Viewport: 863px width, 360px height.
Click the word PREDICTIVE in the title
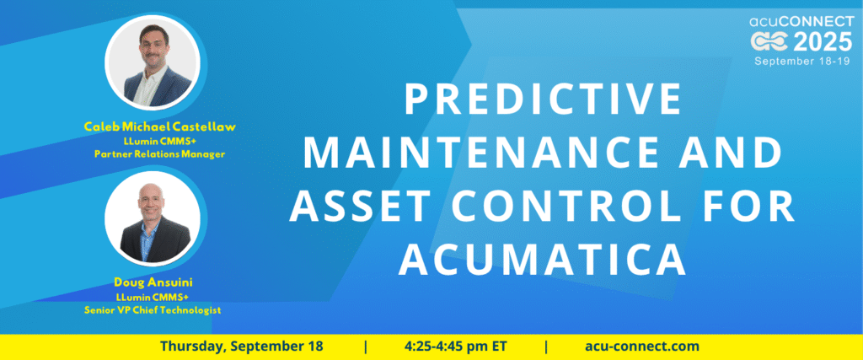(543, 99)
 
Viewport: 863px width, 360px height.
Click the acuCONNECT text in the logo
(801, 21)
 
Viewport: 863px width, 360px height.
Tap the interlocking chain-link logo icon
(770, 42)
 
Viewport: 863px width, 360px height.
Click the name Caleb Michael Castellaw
(159, 127)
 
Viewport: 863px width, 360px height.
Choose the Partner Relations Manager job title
(159, 154)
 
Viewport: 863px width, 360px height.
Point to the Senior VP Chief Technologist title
(153, 310)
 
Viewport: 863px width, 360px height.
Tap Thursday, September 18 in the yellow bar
(242, 347)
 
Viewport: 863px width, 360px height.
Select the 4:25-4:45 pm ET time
(456, 347)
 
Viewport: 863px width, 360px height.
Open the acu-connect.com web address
(642, 347)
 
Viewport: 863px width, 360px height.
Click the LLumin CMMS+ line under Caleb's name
(159, 141)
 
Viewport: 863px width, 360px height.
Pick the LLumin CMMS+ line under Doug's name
(153, 297)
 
